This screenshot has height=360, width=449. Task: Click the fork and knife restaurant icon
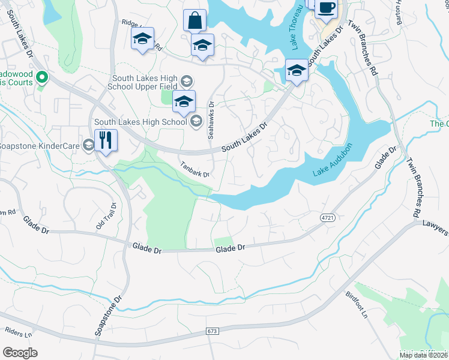pyautogui.click(x=106, y=140)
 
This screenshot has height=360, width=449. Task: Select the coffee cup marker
pyautogui.click(x=326, y=8)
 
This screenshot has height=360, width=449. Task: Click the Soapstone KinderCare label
pyautogui.click(x=41, y=145)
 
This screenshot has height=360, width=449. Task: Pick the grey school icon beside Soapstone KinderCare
pyautogui.click(x=89, y=145)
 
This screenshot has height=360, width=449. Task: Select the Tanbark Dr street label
pyautogui.click(x=194, y=170)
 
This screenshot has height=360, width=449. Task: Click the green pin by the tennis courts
pyautogui.click(x=41, y=77)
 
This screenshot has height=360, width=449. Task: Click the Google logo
pyautogui.click(x=20, y=352)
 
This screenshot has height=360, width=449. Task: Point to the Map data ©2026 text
pyautogui.click(x=424, y=355)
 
